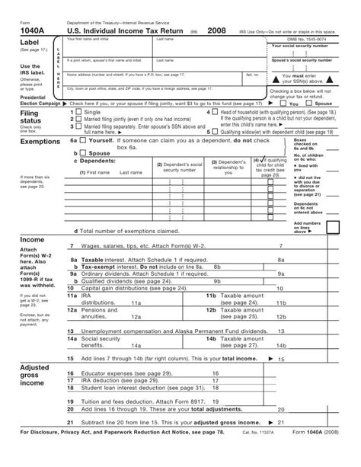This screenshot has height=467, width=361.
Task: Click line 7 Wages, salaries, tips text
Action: [129, 246]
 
